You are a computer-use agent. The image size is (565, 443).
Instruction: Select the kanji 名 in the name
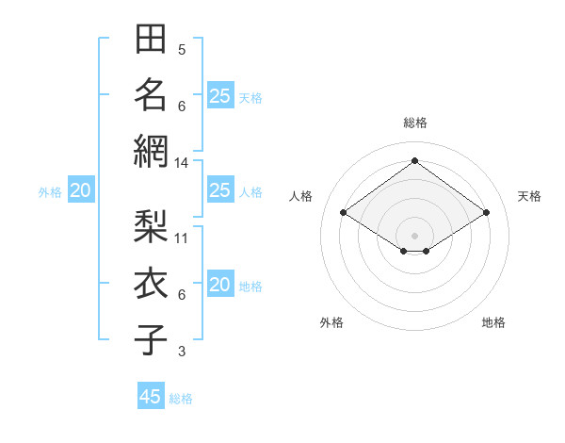pos(151,94)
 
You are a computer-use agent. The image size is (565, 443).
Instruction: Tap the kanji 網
pos(151,150)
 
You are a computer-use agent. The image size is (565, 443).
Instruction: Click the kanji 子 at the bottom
pos(151,338)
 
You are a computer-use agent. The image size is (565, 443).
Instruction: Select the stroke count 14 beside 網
pos(182,163)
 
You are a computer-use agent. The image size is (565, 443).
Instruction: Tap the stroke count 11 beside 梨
pos(182,238)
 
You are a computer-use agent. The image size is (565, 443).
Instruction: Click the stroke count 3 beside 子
pos(182,352)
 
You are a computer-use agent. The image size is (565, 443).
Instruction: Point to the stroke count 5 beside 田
pos(182,50)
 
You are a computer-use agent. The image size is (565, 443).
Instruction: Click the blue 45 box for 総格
pos(151,397)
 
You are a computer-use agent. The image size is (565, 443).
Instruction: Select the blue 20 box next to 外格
pos(80,191)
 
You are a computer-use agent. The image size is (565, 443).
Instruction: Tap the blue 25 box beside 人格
pos(219,191)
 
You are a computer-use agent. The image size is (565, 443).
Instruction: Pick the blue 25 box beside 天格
pos(219,95)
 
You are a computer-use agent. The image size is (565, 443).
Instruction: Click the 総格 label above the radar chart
pos(414,123)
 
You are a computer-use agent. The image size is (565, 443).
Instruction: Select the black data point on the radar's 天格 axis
pos(486,213)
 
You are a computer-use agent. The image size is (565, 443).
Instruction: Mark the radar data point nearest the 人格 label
pos(344,213)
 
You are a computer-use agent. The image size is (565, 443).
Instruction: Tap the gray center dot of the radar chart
pos(414,234)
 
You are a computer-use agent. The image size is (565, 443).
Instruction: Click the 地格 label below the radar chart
pos(493,322)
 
